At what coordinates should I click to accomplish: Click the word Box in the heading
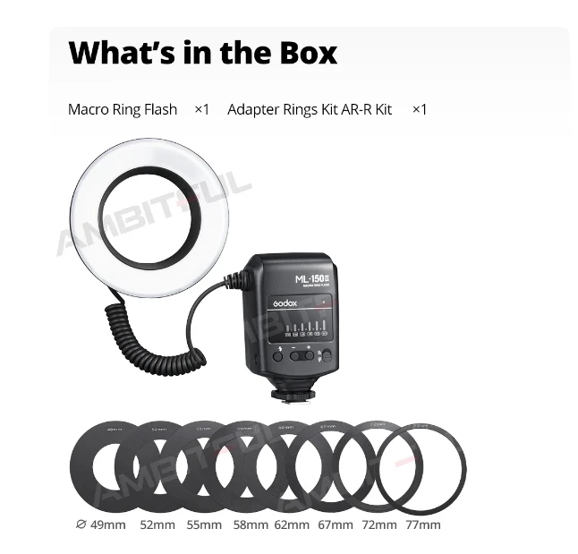(300, 53)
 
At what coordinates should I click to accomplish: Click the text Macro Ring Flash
(123, 109)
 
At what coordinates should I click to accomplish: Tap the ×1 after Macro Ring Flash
(201, 109)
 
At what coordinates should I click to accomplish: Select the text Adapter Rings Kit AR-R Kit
(310, 109)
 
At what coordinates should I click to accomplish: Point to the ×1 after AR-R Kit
(420, 109)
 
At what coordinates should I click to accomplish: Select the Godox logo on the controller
(289, 303)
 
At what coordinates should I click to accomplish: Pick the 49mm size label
(107, 524)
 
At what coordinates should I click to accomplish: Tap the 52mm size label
(157, 524)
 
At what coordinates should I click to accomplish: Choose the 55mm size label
(204, 524)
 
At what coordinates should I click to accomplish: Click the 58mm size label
(251, 524)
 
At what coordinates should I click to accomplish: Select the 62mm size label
(292, 524)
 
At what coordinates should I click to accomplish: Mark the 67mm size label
(336, 524)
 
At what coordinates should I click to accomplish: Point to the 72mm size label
(378, 524)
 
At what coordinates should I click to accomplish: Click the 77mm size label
(422, 524)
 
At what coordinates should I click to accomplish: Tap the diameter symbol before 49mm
(81, 524)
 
